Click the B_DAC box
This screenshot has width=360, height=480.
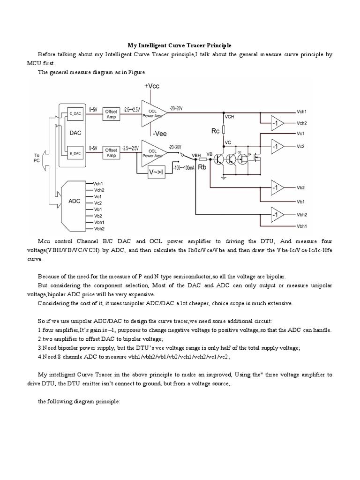click(75, 152)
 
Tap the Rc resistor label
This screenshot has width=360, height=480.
click(215, 131)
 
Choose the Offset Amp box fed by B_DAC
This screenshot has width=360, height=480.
click(111, 153)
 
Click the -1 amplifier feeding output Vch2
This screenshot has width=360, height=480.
click(275, 123)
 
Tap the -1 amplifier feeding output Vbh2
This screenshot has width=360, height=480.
click(275, 215)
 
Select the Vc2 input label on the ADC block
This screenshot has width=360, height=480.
click(98, 203)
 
